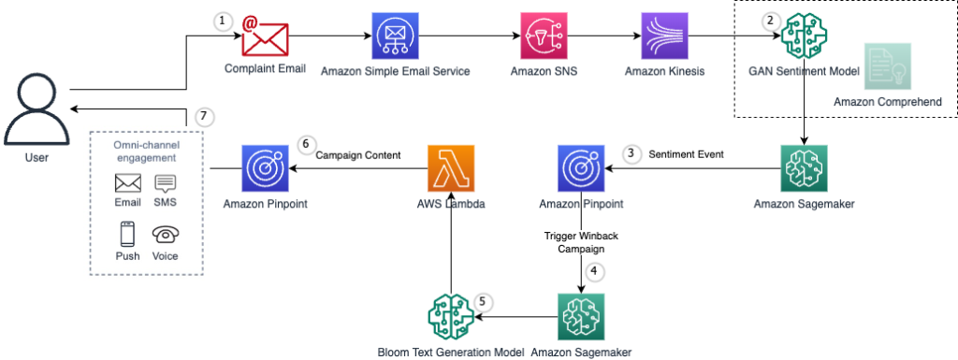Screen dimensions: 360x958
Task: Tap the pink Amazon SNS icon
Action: (x=544, y=36)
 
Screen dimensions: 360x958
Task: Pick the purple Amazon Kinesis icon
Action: (x=665, y=36)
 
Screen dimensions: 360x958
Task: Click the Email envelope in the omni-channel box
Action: (x=128, y=183)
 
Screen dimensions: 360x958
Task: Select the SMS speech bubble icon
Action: (x=165, y=183)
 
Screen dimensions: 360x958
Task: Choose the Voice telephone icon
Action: (x=165, y=234)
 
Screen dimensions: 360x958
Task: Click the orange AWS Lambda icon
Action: (x=450, y=168)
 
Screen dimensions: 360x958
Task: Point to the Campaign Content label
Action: (x=358, y=155)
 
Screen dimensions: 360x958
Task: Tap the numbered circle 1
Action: (x=224, y=21)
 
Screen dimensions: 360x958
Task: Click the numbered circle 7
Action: (x=204, y=117)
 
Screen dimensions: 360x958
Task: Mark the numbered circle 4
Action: (x=594, y=272)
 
